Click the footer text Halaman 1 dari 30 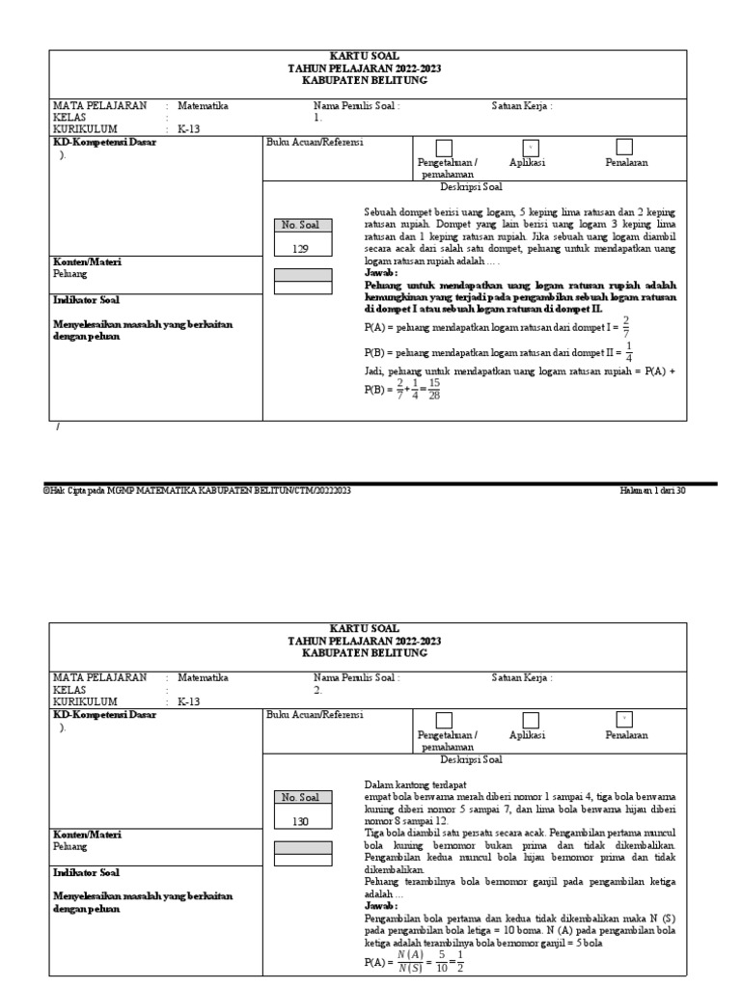[652, 491]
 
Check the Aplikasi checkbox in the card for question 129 [530, 147]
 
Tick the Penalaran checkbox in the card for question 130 [624, 719]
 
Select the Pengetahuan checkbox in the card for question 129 [444, 147]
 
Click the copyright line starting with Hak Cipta [197, 491]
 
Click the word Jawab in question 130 [379, 908]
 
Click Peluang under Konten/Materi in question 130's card [69, 846]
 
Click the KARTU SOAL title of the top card [357, 57]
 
